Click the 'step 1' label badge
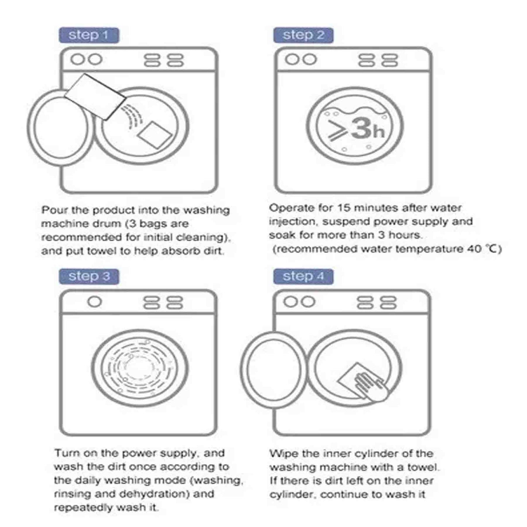pos(89,35)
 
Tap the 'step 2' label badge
pos(303,35)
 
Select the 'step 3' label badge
pos(89,276)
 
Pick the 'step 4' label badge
pos(303,276)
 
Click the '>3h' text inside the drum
pos(356,129)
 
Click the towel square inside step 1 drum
pos(155,135)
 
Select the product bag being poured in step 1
pos(95,97)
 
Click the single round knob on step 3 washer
pos(94,302)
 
